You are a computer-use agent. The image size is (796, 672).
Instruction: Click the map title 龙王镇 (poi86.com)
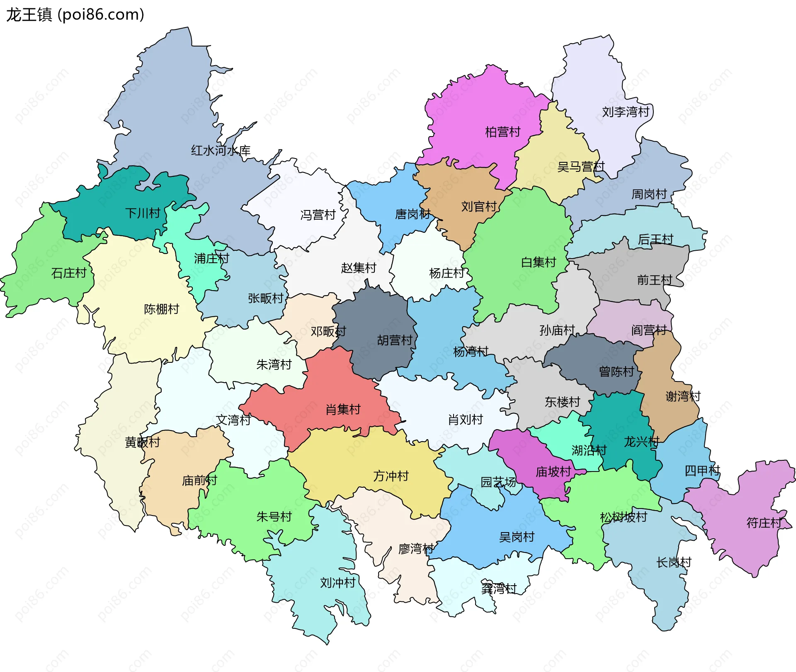click(75, 15)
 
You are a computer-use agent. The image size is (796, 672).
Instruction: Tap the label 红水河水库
click(221, 151)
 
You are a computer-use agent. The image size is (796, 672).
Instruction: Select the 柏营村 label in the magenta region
click(502, 132)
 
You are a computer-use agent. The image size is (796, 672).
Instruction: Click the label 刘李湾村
click(625, 112)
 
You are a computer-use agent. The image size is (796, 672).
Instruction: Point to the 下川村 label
click(143, 213)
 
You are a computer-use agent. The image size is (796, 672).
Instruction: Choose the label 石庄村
click(69, 273)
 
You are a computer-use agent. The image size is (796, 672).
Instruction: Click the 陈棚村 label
click(161, 309)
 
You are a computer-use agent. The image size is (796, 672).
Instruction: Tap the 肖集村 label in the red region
click(343, 410)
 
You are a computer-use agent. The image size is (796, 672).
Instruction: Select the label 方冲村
click(391, 476)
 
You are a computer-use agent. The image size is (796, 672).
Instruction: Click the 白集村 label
click(538, 262)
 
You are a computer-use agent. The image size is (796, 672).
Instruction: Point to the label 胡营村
click(395, 340)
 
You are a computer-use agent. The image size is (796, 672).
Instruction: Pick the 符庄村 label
click(764, 523)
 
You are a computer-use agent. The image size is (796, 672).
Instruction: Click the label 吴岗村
click(517, 537)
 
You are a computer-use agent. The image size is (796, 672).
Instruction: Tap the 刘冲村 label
click(337, 583)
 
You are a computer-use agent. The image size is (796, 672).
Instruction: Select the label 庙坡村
click(553, 472)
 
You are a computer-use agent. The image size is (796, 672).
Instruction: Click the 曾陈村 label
click(616, 371)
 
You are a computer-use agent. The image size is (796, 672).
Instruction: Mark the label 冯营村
click(318, 215)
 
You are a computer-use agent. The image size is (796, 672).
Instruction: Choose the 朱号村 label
click(274, 517)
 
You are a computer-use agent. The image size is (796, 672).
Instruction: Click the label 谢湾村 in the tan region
click(683, 396)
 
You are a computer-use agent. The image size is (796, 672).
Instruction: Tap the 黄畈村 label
click(142, 442)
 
